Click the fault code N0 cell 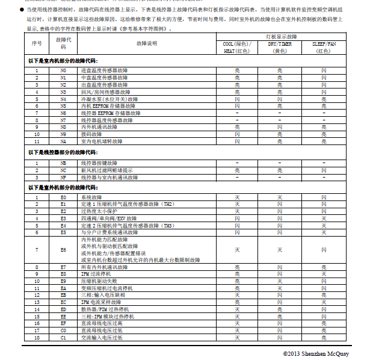click(x=63, y=70)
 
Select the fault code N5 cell click(x=63, y=105)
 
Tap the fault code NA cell click(x=63, y=141)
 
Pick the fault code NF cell click(x=63, y=177)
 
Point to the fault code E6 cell click(x=63, y=249)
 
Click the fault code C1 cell click(x=63, y=337)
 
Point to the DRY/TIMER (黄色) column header click(x=279, y=48)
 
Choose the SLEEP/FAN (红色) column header click(x=324, y=48)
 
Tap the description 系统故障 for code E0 click(x=92, y=197)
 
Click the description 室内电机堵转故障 click(x=103, y=141)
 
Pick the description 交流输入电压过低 click(x=103, y=337)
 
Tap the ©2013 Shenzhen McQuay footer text click(x=316, y=353)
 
